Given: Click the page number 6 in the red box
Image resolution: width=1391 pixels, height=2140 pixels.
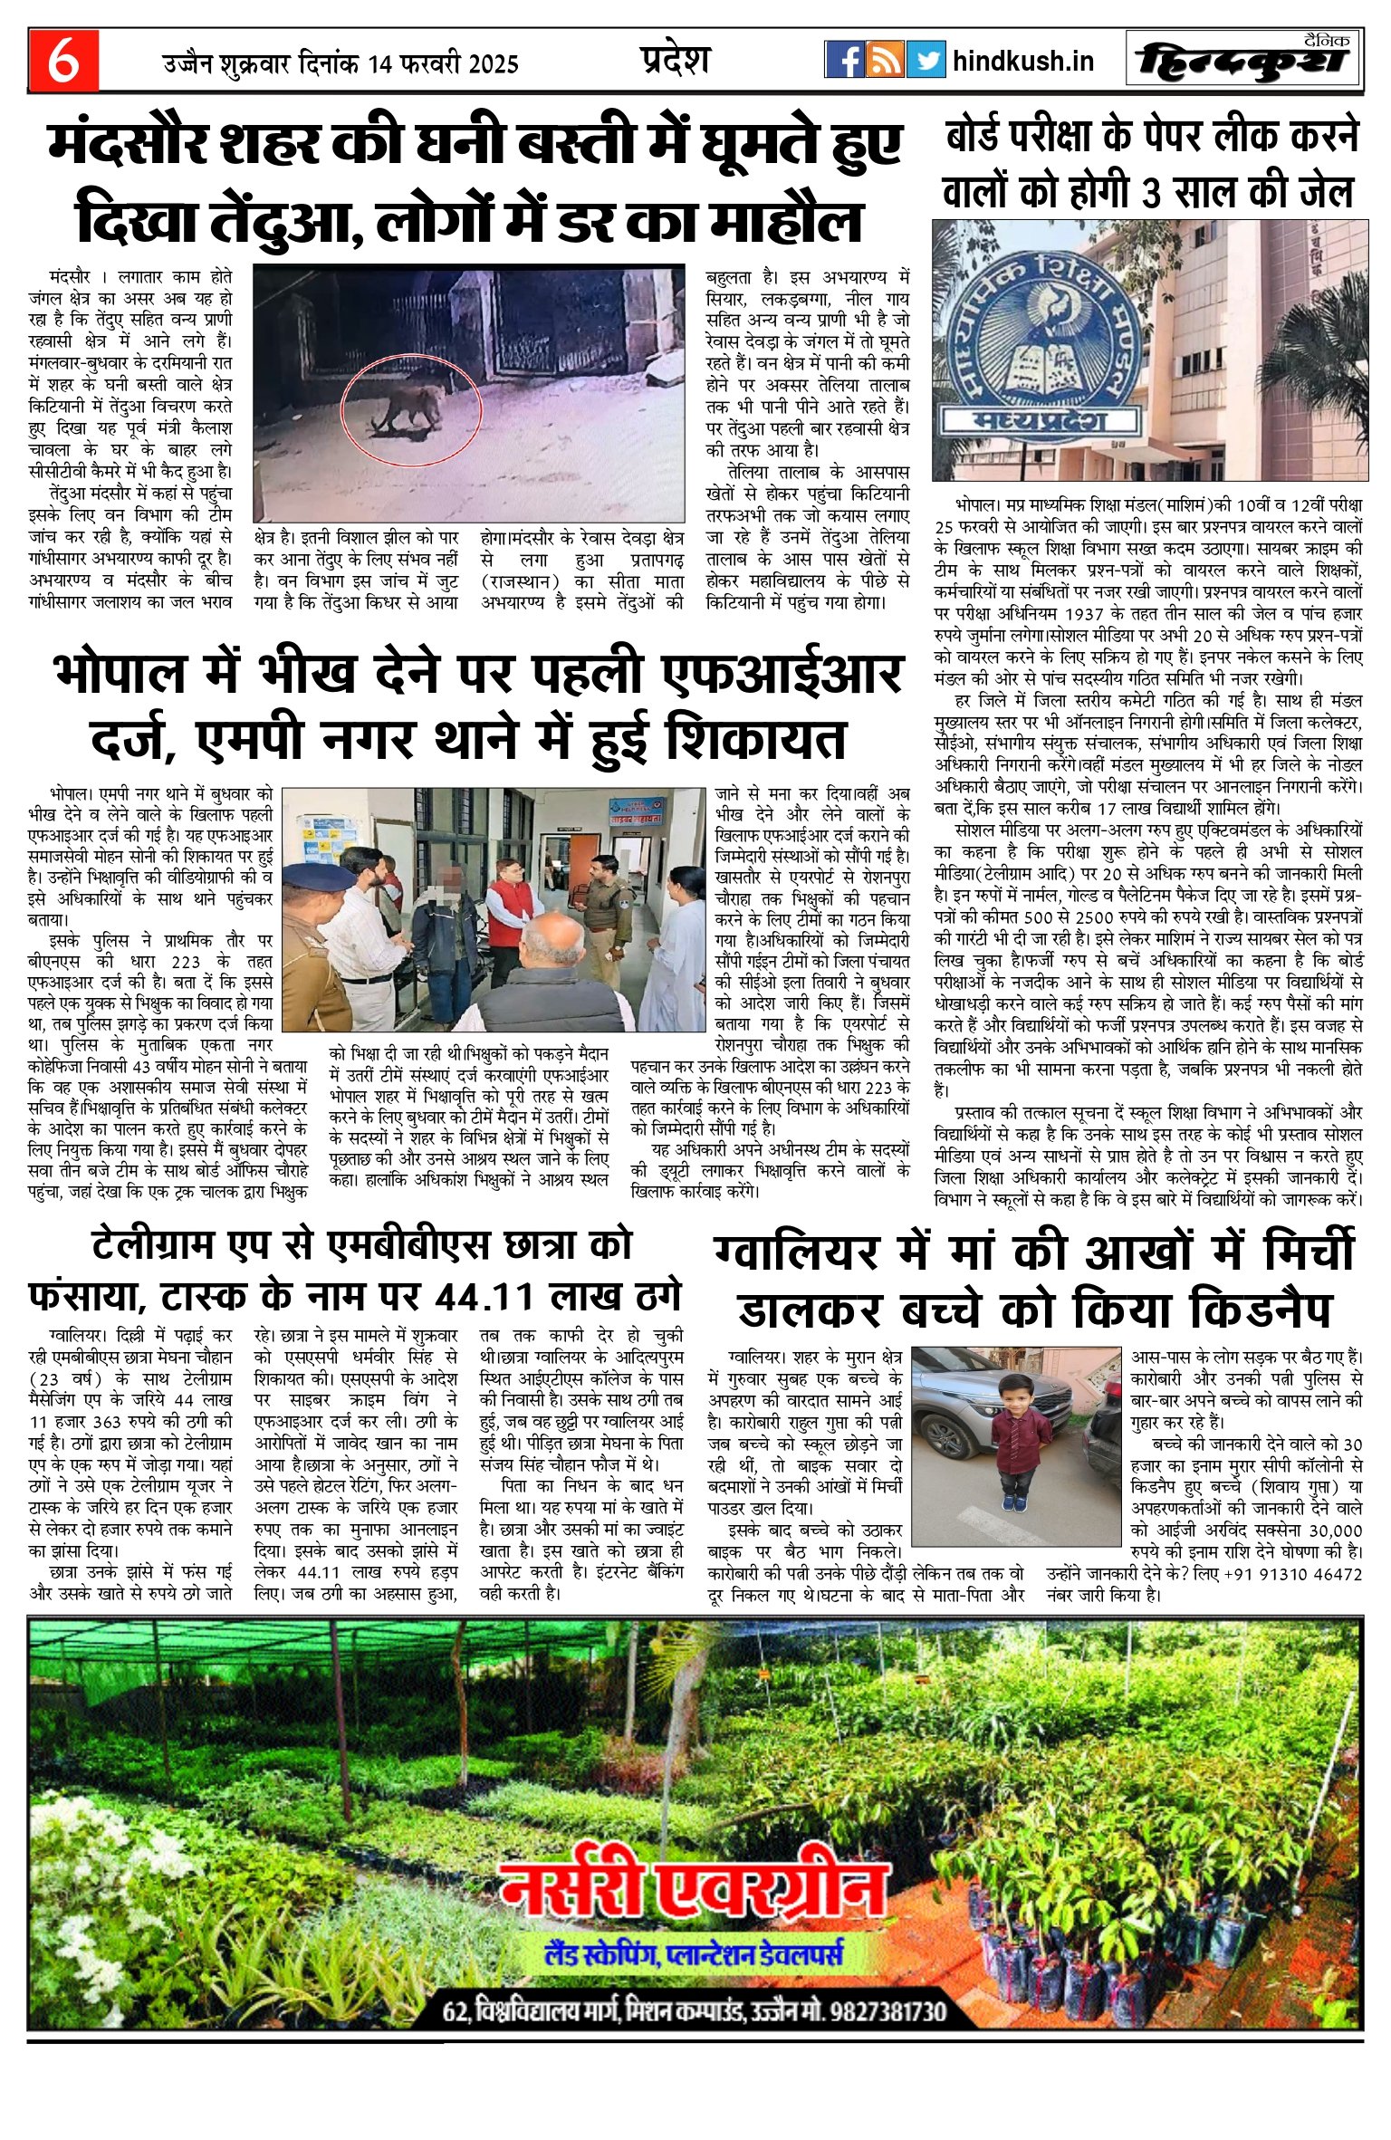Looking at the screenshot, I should coord(62,61).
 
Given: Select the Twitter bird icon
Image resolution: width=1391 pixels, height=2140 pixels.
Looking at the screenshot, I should coord(926,61).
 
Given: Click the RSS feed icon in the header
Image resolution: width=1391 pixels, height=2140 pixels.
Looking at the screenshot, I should coord(885,61).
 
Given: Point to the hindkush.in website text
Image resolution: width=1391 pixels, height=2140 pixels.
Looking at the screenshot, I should coord(1023,62).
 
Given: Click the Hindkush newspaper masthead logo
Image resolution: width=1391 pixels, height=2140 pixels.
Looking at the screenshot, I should coord(1249,62).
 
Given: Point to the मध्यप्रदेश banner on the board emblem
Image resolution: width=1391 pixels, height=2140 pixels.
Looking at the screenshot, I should coord(1041,421).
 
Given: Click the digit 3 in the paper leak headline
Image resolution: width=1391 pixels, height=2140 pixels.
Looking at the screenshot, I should coord(1148,193).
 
